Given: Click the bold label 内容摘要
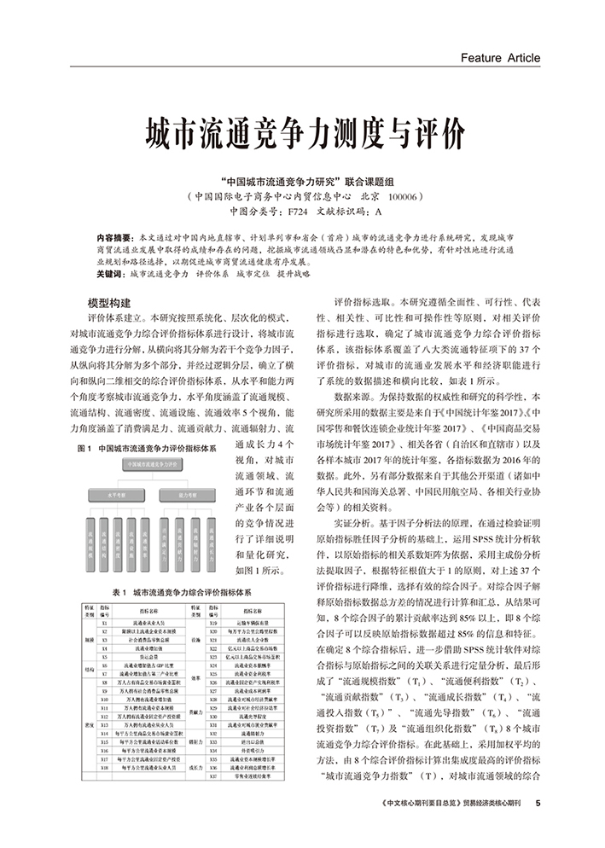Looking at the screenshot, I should pos(114,236).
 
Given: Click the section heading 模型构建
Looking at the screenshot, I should pos(110,303).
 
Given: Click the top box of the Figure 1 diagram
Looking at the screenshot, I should pos(155,465).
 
